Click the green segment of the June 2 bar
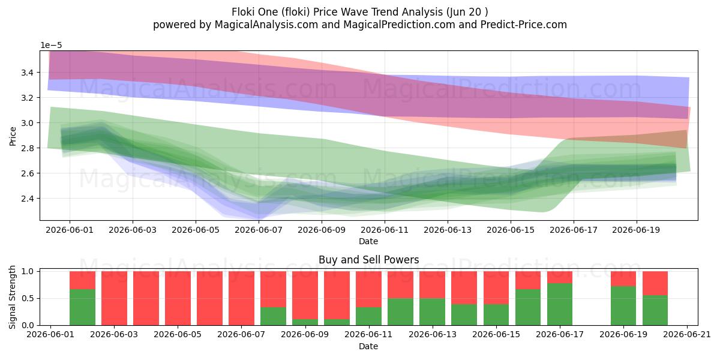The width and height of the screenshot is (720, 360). point(83,307)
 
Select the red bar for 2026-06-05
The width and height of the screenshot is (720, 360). point(178,298)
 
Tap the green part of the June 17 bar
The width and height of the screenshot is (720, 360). point(560,304)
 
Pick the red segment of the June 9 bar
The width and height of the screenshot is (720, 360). point(305,295)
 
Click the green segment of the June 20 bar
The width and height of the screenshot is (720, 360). point(655,310)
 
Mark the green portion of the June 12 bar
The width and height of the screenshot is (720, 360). point(401,312)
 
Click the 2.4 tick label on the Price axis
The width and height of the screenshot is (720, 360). point(28,199)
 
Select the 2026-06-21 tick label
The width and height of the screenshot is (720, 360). point(687,335)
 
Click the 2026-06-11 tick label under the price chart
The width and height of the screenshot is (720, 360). point(385,230)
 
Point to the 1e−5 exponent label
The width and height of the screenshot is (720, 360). point(51,46)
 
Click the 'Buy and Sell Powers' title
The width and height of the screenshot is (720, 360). point(368,260)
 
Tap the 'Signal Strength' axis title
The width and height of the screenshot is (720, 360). point(12,298)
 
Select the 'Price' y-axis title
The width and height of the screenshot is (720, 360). point(13,137)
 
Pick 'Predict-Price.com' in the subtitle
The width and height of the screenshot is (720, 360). point(524,25)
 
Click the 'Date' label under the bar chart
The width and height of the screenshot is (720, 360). point(368,346)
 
